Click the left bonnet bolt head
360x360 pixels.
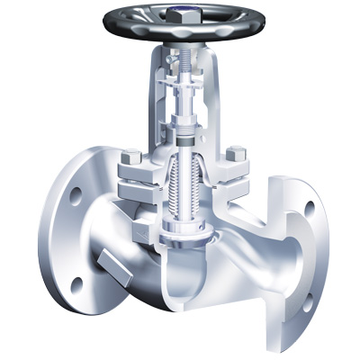point(131,157)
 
